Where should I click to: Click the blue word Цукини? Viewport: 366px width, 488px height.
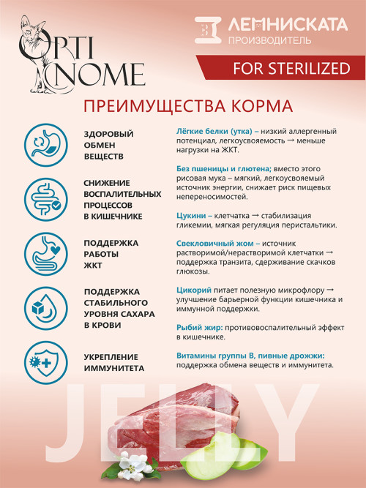(193, 216)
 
